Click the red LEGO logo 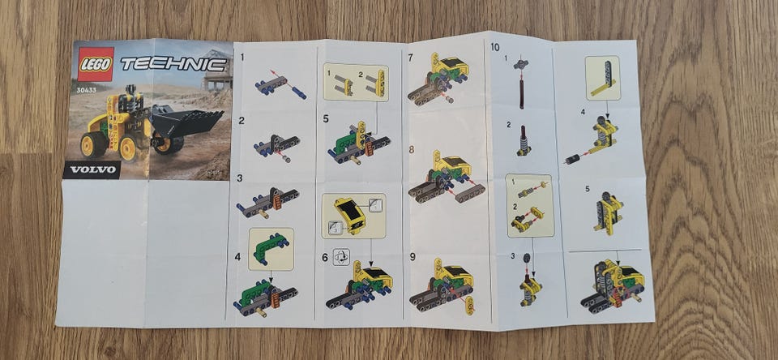96,64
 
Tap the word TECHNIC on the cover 173,64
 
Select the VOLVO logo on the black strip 92,169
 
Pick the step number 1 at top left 242,57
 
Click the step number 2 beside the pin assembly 242,120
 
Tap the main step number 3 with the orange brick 240,178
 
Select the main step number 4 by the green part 237,257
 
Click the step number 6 325,258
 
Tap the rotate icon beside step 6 341,257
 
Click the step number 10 494,48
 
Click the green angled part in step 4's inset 271,246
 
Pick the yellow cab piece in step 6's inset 351,215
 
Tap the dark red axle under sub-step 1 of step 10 522,92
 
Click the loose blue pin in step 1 299,93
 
